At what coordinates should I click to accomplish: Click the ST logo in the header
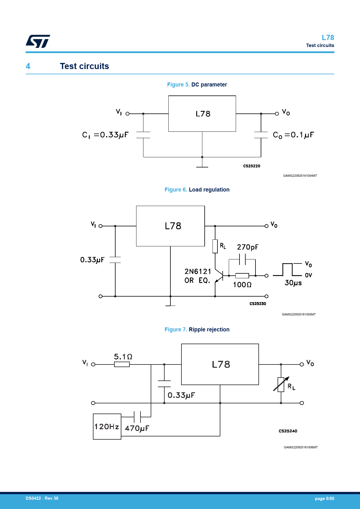tap(38, 41)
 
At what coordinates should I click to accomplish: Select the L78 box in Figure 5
tap(202, 113)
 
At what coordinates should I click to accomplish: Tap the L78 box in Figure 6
tap(170, 226)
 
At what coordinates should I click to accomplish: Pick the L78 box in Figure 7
tap(220, 364)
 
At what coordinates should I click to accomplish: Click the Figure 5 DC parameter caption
tap(197, 84)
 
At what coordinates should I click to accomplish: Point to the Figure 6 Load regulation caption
tap(197, 189)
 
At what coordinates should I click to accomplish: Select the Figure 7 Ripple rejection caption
tap(197, 329)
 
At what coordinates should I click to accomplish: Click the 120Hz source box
tap(107, 426)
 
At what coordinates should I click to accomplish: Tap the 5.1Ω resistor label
tap(123, 357)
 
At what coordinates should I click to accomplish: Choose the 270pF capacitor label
tap(248, 247)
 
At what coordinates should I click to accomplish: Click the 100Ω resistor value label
tap(242, 285)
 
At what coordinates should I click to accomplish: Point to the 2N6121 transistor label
tap(198, 272)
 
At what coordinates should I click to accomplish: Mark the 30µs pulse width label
tap(293, 283)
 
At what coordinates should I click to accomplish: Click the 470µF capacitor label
tap(137, 428)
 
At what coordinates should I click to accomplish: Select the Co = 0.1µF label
tap(294, 135)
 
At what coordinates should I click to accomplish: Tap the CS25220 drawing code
tap(252, 166)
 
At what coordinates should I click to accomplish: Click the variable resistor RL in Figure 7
tap(281, 385)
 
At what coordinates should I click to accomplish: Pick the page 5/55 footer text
tap(324, 499)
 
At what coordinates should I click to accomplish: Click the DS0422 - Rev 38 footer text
tap(42, 498)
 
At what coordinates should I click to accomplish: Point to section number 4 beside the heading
tap(28, 66)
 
